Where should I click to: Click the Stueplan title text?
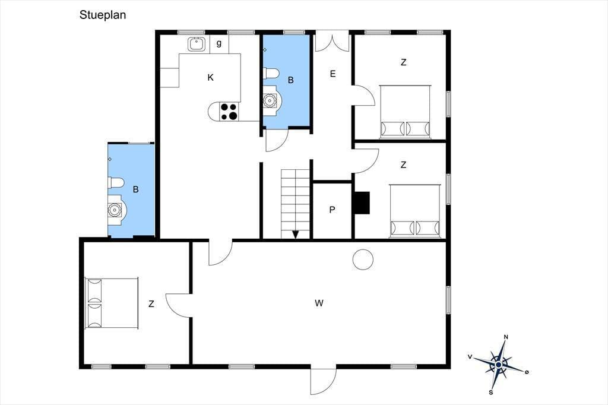103,15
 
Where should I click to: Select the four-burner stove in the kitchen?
229,111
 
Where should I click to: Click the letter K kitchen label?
211,78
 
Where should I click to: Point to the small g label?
219,43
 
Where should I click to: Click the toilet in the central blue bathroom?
271,73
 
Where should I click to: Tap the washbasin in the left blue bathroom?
115,210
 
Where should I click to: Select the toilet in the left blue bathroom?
116,183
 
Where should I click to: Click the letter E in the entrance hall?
332,74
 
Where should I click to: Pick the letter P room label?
332,210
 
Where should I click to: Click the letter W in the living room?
319,303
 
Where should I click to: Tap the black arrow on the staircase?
296,235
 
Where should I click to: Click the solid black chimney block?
362,203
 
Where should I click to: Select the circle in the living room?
363,259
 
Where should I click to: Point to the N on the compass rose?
506,337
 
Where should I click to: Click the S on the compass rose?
491,393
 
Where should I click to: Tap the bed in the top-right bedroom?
405,111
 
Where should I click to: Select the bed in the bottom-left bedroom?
112,303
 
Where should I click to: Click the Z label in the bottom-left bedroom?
151,304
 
